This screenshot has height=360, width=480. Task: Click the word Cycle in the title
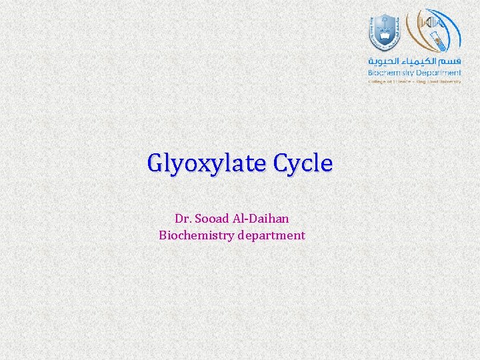click(x=303, y=163)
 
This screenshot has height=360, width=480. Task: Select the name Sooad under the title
click(x=213, y=218)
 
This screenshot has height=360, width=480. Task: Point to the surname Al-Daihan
click(x=262, y=218)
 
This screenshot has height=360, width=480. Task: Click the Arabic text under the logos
click(x=415, y=61)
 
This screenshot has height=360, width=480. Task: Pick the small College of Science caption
click(x=388, y=81)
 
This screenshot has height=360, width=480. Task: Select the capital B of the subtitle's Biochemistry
click(x=163, y=235)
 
